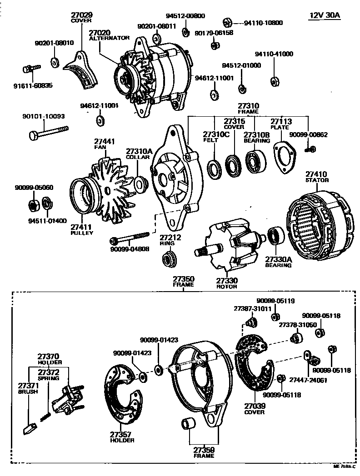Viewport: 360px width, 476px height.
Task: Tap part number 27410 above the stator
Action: (316, 174)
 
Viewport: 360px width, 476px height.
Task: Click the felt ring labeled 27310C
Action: (212, 168)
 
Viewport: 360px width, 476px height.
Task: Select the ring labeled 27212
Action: (170, 260)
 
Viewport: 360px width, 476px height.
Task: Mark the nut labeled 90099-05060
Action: (33, 205)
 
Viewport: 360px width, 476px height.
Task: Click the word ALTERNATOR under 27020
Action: (109, 39)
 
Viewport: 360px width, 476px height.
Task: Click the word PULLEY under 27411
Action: (82, 233)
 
